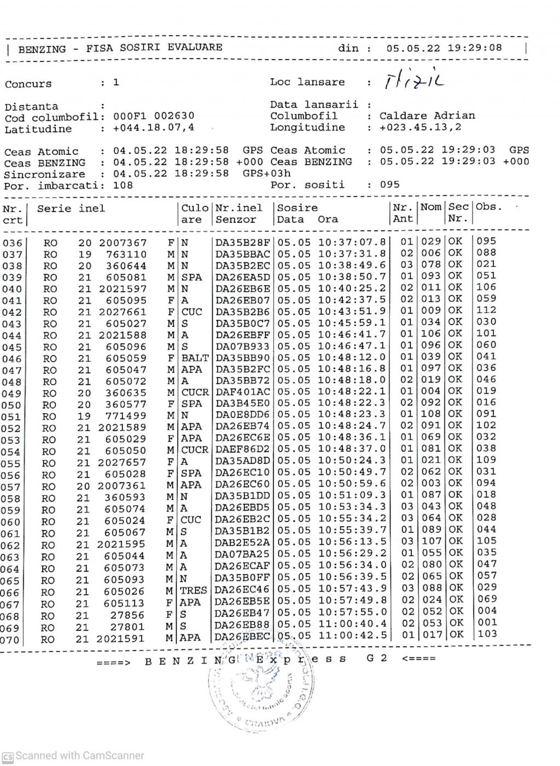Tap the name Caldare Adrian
[x=427, y=115]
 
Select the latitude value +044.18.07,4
[x=154, y=128]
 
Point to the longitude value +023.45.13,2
[x=421, y=127]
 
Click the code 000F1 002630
[x=154, y=116]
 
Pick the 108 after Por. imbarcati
[x=123, y=185]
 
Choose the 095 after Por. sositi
[x=390, y=184]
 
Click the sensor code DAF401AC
[x=243, y=392]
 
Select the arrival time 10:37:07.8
[x=352, y=242]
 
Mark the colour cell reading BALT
[x=195, y=358]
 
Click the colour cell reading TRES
[x=194, y=590]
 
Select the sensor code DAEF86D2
[x=243, y=449]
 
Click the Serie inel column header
[x=71, y=208]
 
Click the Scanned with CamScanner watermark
[x=73, y=756]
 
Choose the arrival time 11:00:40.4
[x=352, y=624]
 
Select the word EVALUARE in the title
[x=195, y=47]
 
